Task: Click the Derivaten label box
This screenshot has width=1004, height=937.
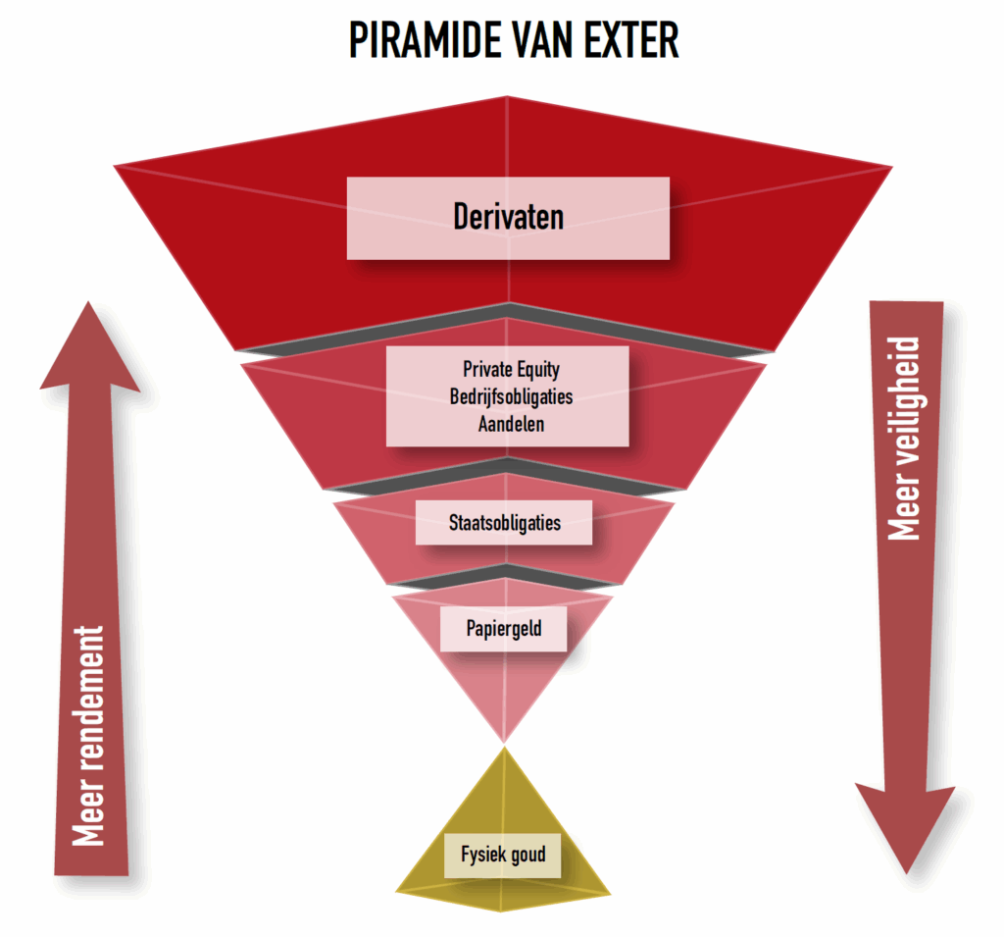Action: (508, 218)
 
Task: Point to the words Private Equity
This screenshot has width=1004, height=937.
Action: (511, 370)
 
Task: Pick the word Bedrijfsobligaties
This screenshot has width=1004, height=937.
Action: (511, 397)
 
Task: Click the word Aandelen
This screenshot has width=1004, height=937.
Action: (511, 425)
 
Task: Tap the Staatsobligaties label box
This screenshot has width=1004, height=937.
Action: (504, 522)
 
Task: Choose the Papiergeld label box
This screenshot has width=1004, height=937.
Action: (504, 628)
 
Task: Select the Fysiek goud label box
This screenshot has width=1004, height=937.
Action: (503, 856)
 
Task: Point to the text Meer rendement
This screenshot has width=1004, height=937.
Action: (89, 736)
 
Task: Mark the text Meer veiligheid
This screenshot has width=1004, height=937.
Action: (904, 439)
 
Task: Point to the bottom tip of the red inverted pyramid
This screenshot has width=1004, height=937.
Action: (504, 740)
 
